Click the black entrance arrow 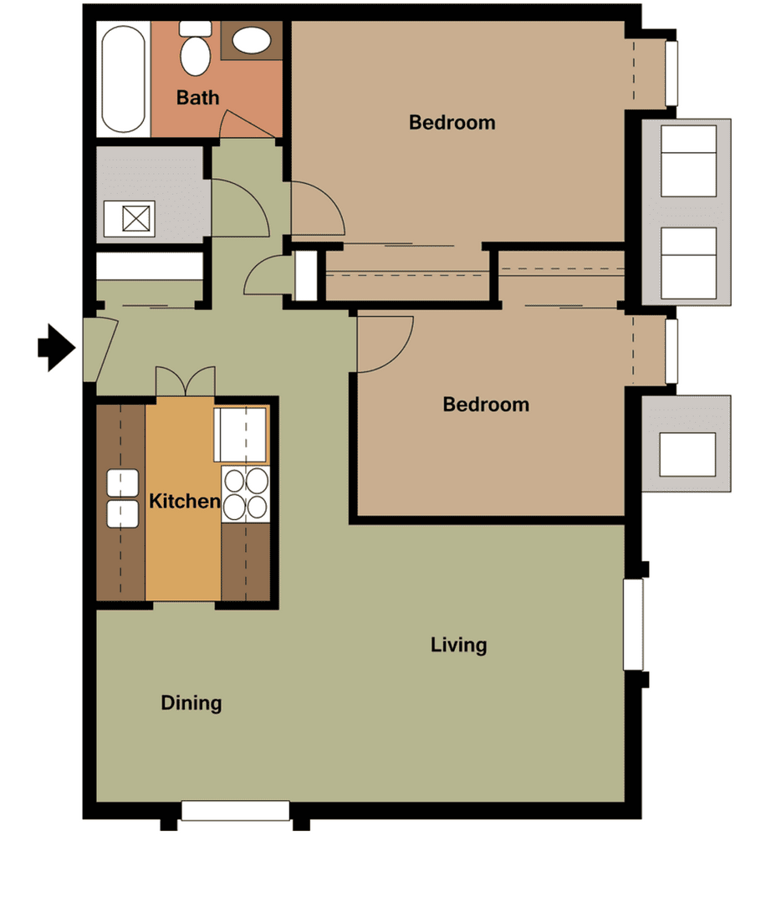click(57, 346)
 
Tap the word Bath click(198, 98)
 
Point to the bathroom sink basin click(249, 40)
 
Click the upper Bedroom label click(452, 123)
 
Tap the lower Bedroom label click(486, 405)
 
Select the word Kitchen click(184, 502)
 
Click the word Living click(458, 645)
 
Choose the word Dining click(191, 703)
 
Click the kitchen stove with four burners click(246, 493)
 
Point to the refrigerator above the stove click(242, 435)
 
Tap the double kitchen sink click(122, 498)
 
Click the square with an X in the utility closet click(135, 218)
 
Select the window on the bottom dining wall click(235, 811)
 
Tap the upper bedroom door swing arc click(318, 209)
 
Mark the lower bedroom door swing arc click(385, 344)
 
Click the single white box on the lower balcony click(687, 455)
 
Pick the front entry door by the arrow click(99, 350)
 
